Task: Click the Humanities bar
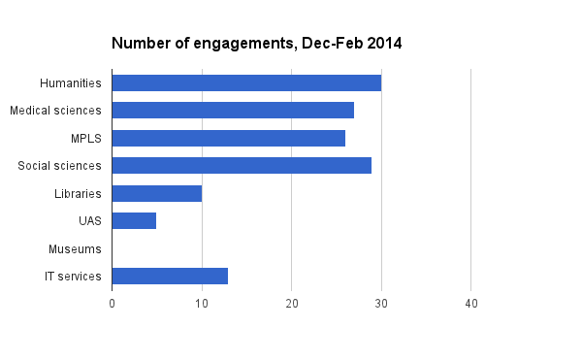[246, 82]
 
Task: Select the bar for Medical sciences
[233, 110]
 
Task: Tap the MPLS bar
[228, 138]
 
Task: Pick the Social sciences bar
[242, 166]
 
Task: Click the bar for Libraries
[156, 193]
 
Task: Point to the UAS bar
[134, 221]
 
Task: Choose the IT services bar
[170, 277]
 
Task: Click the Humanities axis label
[71, 82]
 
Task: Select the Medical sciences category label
[55, 111]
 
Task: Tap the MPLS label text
[86, 138]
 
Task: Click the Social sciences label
[60, 166]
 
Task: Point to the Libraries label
[78, 194]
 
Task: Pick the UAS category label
[90, 221]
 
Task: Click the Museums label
[75, 249]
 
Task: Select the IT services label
[73, 277]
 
